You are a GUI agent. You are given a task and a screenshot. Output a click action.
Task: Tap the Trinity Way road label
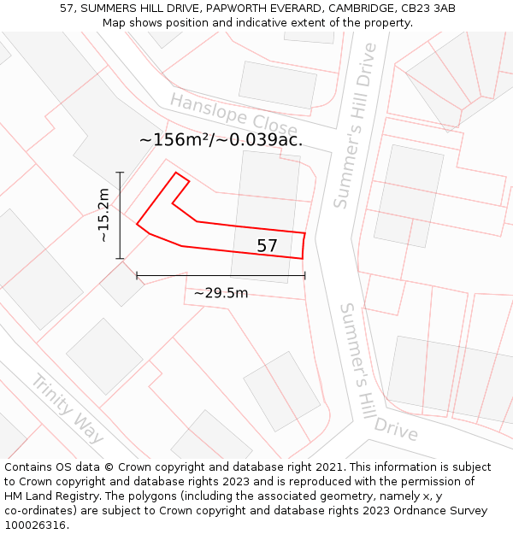click(68, 408)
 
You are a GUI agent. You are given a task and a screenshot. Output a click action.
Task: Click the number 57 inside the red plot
click(268, 246)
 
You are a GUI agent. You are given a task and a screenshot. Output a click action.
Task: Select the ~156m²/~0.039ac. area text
click(221, 140)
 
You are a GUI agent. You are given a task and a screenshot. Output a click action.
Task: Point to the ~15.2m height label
click(103, 215)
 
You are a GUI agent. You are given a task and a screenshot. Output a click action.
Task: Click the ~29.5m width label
click(221, 293)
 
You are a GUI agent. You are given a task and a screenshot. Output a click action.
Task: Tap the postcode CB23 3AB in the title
click(426, 9)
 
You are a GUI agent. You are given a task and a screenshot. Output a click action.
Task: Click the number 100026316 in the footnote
click(33, 525)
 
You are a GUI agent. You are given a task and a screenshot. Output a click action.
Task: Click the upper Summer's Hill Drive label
click(355, 126)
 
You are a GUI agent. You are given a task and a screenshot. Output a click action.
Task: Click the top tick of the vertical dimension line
click(121, 173)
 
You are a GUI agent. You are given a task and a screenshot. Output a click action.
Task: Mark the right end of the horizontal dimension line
click(304, 275)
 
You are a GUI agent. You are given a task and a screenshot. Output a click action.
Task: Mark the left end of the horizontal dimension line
click(137, 275)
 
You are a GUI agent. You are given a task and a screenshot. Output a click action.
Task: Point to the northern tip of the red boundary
click(176, 173)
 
